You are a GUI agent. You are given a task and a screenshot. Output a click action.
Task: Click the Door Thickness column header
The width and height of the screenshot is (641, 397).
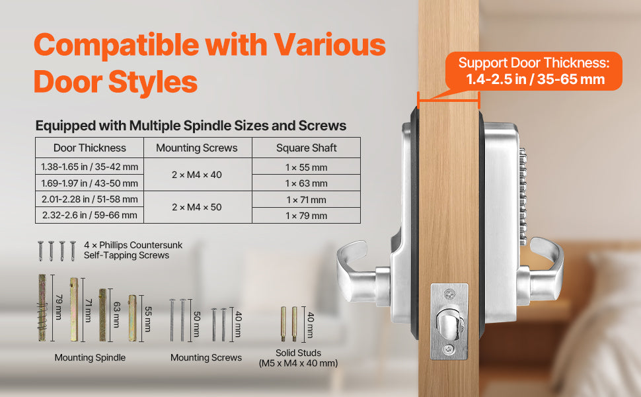(x=89, y=148)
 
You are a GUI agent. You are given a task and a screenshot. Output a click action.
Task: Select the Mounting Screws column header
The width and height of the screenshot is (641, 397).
(x=196, y=148)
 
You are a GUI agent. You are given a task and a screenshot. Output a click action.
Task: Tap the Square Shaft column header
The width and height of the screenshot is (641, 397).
(x=306, y=148)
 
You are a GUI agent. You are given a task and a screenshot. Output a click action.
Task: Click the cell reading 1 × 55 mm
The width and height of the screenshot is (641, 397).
(x=306, y=167)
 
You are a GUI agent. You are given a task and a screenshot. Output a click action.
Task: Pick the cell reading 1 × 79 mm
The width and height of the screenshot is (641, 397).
(x=306, y=216)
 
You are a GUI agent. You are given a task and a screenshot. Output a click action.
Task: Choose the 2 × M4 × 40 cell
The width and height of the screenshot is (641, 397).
(x=196, y=175)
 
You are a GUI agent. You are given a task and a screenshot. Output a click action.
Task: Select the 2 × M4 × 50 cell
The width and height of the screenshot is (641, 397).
(x=196, y=207)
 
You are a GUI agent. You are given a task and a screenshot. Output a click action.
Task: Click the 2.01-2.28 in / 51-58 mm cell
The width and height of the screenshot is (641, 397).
(x=89, y=199)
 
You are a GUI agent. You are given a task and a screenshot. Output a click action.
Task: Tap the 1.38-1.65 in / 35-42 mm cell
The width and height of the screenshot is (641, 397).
(x=89, y=167)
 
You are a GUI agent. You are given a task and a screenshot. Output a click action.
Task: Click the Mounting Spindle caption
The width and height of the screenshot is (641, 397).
(x=90, y=358)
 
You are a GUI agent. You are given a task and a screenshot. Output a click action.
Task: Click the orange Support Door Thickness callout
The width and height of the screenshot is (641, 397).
(x=534, y=71)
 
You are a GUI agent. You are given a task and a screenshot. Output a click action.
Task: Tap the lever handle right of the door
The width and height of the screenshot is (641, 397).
(x=545, y=265)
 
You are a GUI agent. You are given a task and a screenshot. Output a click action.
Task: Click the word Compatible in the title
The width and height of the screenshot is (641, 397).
(x=114, y=45)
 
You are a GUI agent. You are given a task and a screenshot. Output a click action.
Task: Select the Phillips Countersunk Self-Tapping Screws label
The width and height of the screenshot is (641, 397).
(x=133, y=250)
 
